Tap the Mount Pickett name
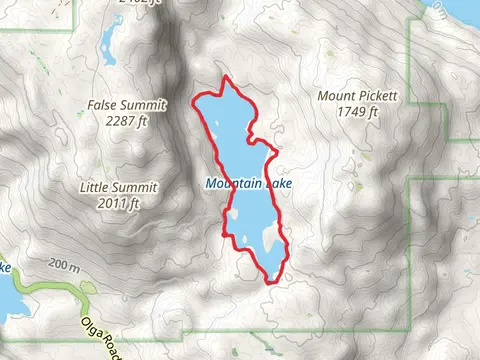[x=357, y=96]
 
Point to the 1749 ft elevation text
[x=357, y=112]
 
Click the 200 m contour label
[x=62, y=266]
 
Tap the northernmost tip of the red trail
[x=227, y=78]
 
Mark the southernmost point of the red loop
[x=270, y=283]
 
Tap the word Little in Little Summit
[x=96, y=187]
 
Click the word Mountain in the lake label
[x=229, y=184]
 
